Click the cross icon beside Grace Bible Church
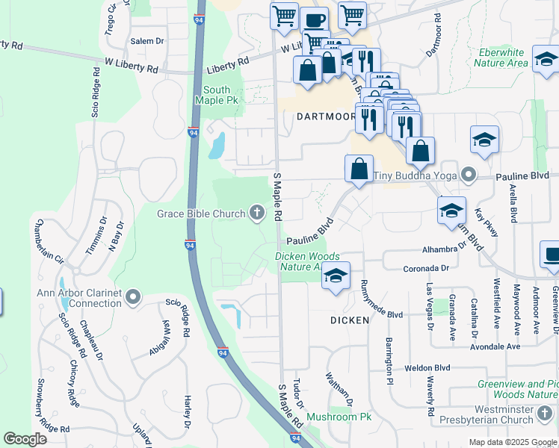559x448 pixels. click(256, 214)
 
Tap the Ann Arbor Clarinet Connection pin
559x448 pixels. click(134, 299)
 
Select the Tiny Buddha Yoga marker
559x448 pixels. click(469, 176)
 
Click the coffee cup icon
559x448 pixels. click(314, 22)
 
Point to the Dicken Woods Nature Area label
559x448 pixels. click(308, 261)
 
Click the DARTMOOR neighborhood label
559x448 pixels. click(323, 116)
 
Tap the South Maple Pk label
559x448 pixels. click(220, 95)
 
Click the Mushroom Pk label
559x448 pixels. click(339, 417)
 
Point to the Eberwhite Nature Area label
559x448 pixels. click(501, 58)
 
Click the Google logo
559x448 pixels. click(25, 438)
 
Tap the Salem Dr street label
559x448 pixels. click(146, 41)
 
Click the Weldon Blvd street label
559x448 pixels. click(427, 368)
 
